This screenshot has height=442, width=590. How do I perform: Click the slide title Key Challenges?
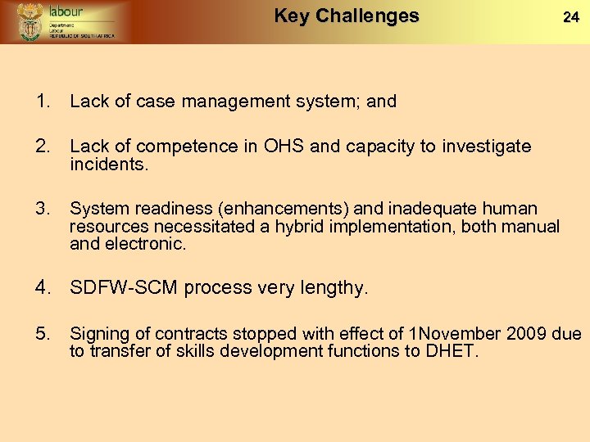pos(346,16)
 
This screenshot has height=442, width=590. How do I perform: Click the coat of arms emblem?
pos(31,21)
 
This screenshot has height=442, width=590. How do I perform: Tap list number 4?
pos(43,287)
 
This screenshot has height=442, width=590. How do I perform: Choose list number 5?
pos(42,333)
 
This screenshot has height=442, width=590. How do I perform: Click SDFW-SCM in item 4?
pos(124,287)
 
